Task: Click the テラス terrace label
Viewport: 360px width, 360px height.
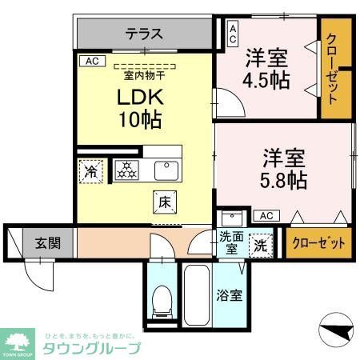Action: tap(145, 34)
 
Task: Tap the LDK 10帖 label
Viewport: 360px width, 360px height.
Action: tap(141, 109)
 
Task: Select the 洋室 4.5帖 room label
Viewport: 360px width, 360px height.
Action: tap(267, 69)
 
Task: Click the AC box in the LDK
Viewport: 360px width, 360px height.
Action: tap(90, 60)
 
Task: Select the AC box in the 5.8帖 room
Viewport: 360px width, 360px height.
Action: tap(265, 215)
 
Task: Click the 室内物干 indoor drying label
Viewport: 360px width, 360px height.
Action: tap(144, 76)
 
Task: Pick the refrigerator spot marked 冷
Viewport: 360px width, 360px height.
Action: tap(90, 172)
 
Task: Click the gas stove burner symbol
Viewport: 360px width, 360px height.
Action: tap(126, 170)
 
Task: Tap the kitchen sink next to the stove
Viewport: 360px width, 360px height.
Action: tap(166, 170)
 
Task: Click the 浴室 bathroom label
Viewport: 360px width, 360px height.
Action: tap(230, 295)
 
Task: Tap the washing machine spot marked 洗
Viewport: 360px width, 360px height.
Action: tap(260, 244)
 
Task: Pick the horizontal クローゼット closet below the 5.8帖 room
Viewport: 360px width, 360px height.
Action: tap(319, 243)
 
